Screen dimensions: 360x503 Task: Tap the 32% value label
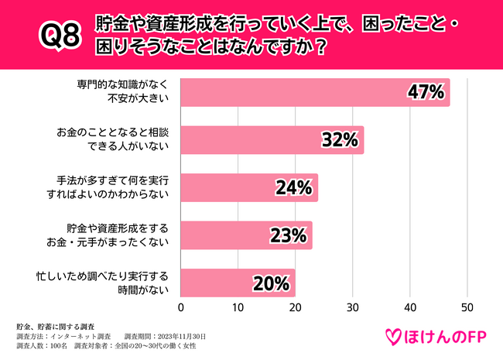[339, 140]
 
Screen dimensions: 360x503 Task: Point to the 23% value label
[288, 235]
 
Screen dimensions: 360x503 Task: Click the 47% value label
[425, 93]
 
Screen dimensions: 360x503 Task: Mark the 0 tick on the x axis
[181, 307]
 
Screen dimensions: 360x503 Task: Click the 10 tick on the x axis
[238, 307]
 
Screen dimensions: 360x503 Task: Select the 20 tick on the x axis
[296, 307]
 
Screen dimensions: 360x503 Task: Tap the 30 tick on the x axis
[353, 307]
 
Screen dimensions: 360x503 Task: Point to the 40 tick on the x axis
[410, 307]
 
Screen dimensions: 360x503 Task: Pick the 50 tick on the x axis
[467, 307]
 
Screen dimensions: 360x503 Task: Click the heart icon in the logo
[395, 336]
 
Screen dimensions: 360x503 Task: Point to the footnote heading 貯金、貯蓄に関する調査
[60, 327]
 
